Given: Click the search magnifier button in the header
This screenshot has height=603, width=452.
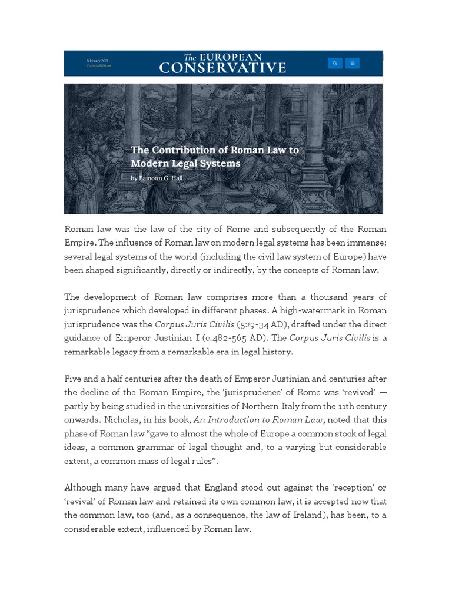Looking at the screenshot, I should point(334,63).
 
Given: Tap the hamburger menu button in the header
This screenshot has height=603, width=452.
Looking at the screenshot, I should point(353,63).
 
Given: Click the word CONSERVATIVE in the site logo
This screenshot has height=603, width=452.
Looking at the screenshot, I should point(222,68).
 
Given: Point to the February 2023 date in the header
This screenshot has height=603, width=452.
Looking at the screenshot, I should point(98,61).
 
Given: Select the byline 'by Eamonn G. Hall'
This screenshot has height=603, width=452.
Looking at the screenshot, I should point(157,178).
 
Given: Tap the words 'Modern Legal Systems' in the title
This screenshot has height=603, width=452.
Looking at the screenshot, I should point(185,164).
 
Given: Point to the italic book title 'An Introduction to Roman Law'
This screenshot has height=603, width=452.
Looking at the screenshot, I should point(256,420).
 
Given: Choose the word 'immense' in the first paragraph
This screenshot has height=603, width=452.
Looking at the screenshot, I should point(365,243).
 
